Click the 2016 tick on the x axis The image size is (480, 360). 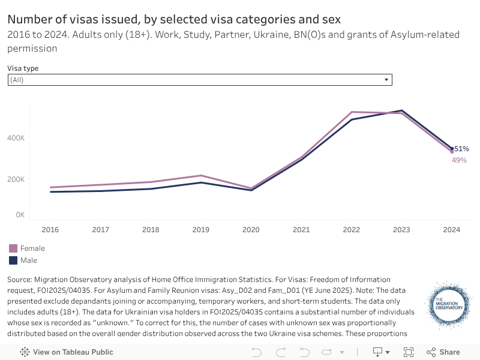(50, 230)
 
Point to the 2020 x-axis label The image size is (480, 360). (251, 230)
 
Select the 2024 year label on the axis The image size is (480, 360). (451, 230)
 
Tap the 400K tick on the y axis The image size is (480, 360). (16, 138)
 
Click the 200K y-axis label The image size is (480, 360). (16, 179)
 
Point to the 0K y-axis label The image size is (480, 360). (20, 214)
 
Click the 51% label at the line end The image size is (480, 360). (461, 149)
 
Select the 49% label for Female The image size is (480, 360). (459, 160)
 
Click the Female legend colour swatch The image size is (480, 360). (13, 248)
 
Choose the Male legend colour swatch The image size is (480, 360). (13, 260)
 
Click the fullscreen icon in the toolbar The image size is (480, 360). (409, 352)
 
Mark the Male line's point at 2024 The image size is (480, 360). (452, 148)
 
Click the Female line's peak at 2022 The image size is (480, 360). (352, 112)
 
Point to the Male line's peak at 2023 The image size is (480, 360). (401, 110)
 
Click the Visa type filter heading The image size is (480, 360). (23, 68)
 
